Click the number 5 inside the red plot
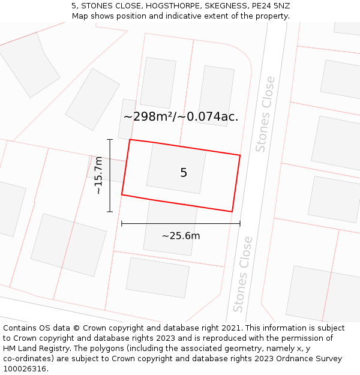pyautogui.click(x=184, y=173)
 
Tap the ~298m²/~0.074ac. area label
pyautogui.click(x=181, y=117)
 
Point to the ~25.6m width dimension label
pyautogui.click(x=181, y=236)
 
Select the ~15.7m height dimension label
pyautogui.click(x=99, y=175)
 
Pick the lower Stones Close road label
pyautogui.click(x=242, y=274)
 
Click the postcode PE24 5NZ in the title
pyautogui.click(x=270, y=6)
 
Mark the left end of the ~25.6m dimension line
pyautogui.click(x=122, y=224)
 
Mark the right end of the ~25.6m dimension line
pyautogui.click(x=240, y=224)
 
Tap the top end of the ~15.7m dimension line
pyautogui.click(x=110, y=140)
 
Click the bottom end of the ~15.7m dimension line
pyautogui.click(x=110, y=212)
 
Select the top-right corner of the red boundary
pyautogui.click(x=240, y=155)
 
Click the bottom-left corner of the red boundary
pyautogui.click(x=122, y=195)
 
